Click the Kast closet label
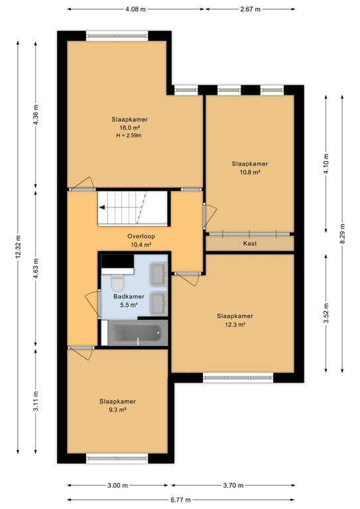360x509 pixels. click(250, 243)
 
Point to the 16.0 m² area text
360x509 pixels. click(129, 128)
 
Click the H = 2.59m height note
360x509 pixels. click(129, 136)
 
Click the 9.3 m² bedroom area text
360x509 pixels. click(118, 410)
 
